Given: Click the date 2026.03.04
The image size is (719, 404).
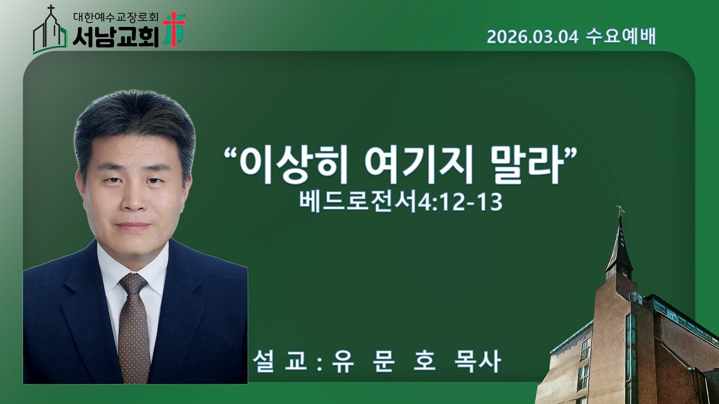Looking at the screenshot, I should point(532,36).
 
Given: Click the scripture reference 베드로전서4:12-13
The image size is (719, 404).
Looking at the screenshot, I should point(401,203).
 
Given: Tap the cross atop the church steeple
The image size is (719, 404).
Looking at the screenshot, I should point(620,211).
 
